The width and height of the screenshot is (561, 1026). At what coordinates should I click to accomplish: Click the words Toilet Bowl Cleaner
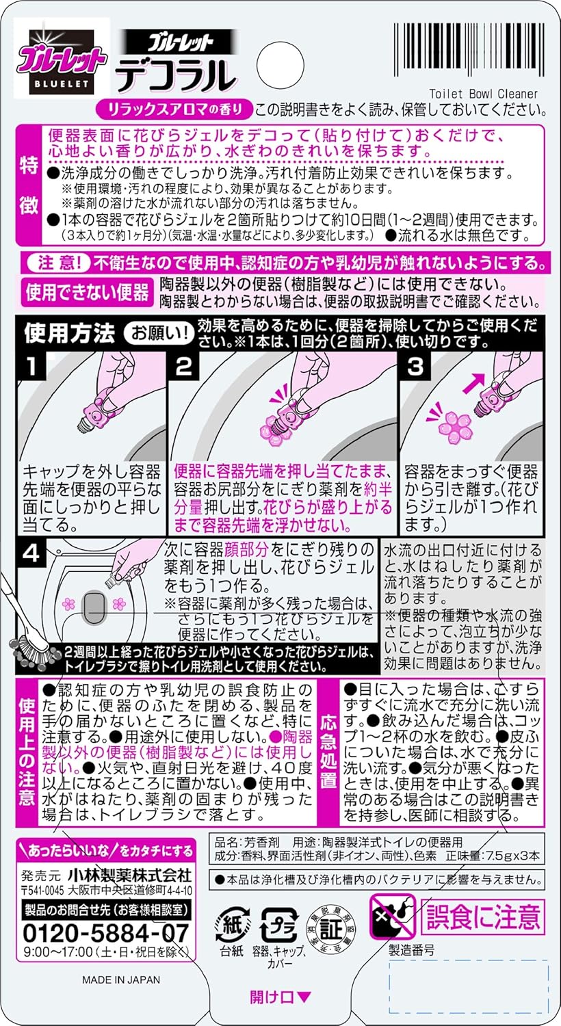pyautogui.click(x=483, y=94)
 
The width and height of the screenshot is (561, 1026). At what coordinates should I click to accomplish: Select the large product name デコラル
pyautogui.click(x=174, y=76)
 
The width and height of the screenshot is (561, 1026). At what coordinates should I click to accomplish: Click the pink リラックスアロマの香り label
pyautogui.click(x=174, y=109)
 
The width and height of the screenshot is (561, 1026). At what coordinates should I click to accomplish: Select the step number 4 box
pyautogui.click(x=31, y=553)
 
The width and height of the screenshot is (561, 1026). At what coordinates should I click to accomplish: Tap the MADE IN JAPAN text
pyautogui.click(x=121, y=979)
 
